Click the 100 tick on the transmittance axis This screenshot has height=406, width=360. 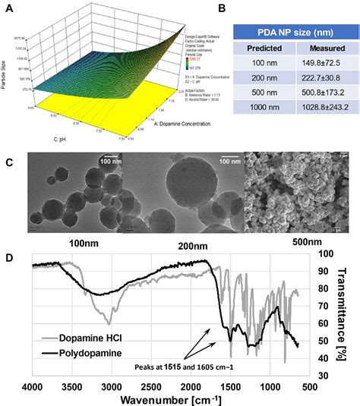[324, 254]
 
